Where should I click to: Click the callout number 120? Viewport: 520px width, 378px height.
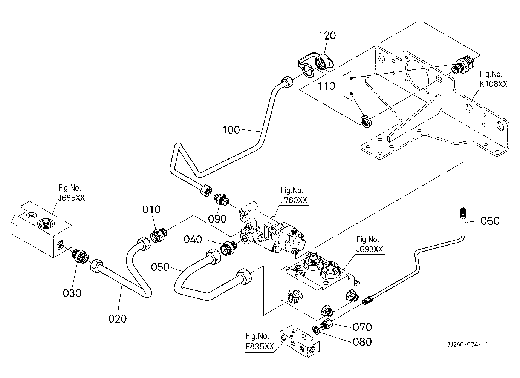pyautogui.click(x=327, y=36)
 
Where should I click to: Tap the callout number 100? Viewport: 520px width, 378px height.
pyautogui.click(x=231, y=130)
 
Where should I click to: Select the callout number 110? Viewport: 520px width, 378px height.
pyautogui.click(x=326, y=86)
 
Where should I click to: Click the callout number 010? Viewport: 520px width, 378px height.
pyautogui.click(x=151, y=209)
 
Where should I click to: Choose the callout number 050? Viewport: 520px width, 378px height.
pyautogui.click(x=161, y=267)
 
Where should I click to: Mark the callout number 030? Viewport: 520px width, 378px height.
pyautogui.click(x=72, y=292)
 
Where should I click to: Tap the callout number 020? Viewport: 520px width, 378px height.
pyautogui.click(x=118, y=319)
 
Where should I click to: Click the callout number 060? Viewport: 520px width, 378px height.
pyautogui.click(x=490, y=221)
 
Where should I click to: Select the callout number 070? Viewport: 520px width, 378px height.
pyautogui.click(x=362, y=327)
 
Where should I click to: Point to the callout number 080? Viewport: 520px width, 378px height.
pyautogui.click(x=362, y=342)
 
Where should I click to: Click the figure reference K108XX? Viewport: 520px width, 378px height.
pyautogui.click(x=493, y=84)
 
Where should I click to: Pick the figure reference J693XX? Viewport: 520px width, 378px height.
pyautogui.click(x=370, y=249)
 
